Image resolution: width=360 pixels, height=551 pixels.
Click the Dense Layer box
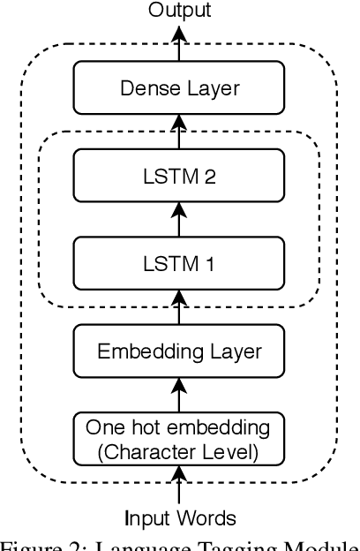[x=179, y=87]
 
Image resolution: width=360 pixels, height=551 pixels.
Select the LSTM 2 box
[x=179, y=176]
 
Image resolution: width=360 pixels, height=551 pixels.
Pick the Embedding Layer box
[x=179, y=351]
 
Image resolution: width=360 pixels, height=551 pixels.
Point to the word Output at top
[x=179, y=11]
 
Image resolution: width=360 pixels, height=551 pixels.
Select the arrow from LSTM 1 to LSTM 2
[x=179, y=219]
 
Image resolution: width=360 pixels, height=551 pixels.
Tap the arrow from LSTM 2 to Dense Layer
[x=179, y=132]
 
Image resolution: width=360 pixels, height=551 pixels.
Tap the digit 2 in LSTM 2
[x=210, y=176]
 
